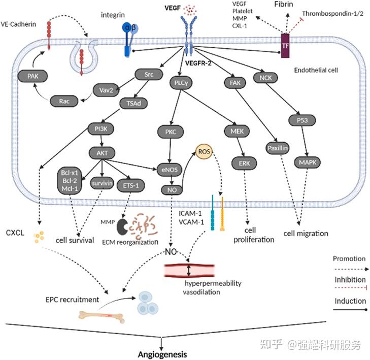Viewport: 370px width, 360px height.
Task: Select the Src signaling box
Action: (x=149, y=75)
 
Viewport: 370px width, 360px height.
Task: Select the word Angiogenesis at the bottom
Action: (x=161, y=354)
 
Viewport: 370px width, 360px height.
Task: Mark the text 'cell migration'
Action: (x=305, y=234)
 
